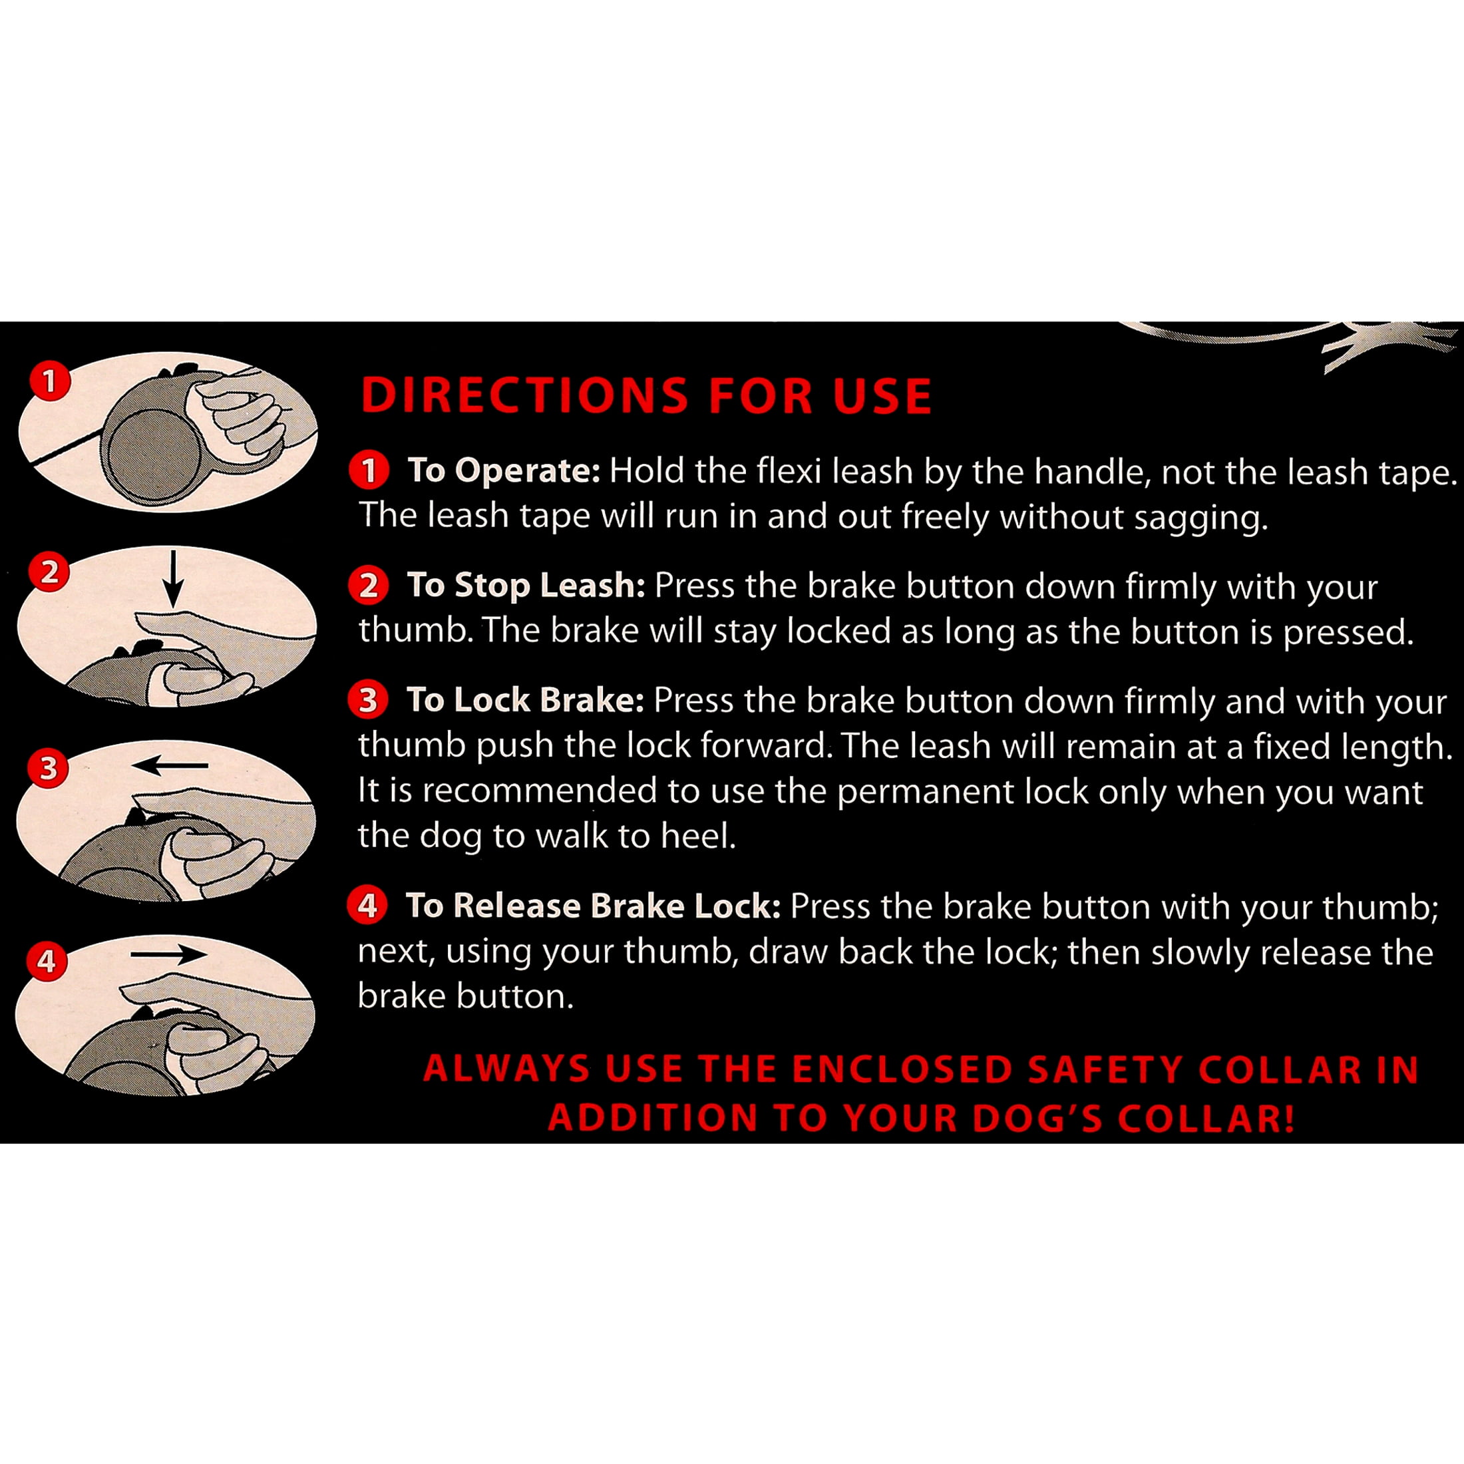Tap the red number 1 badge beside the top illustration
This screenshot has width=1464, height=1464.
(50, 381)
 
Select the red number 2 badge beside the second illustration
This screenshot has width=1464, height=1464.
(49, 572)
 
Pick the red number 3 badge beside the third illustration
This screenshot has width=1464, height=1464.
(49, 769)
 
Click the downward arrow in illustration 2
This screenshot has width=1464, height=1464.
(174, 579)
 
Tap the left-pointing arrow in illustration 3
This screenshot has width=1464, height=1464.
(170, 766)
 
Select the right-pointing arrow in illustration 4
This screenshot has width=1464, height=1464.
(168, 955)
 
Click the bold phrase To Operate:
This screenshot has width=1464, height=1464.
(504, 471)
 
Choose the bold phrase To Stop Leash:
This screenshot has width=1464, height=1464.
(526, 586)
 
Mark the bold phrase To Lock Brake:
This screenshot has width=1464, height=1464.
(525, 700)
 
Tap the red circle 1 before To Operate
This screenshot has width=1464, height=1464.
(369, 470)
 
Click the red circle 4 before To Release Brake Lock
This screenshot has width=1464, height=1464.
(367, 906)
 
